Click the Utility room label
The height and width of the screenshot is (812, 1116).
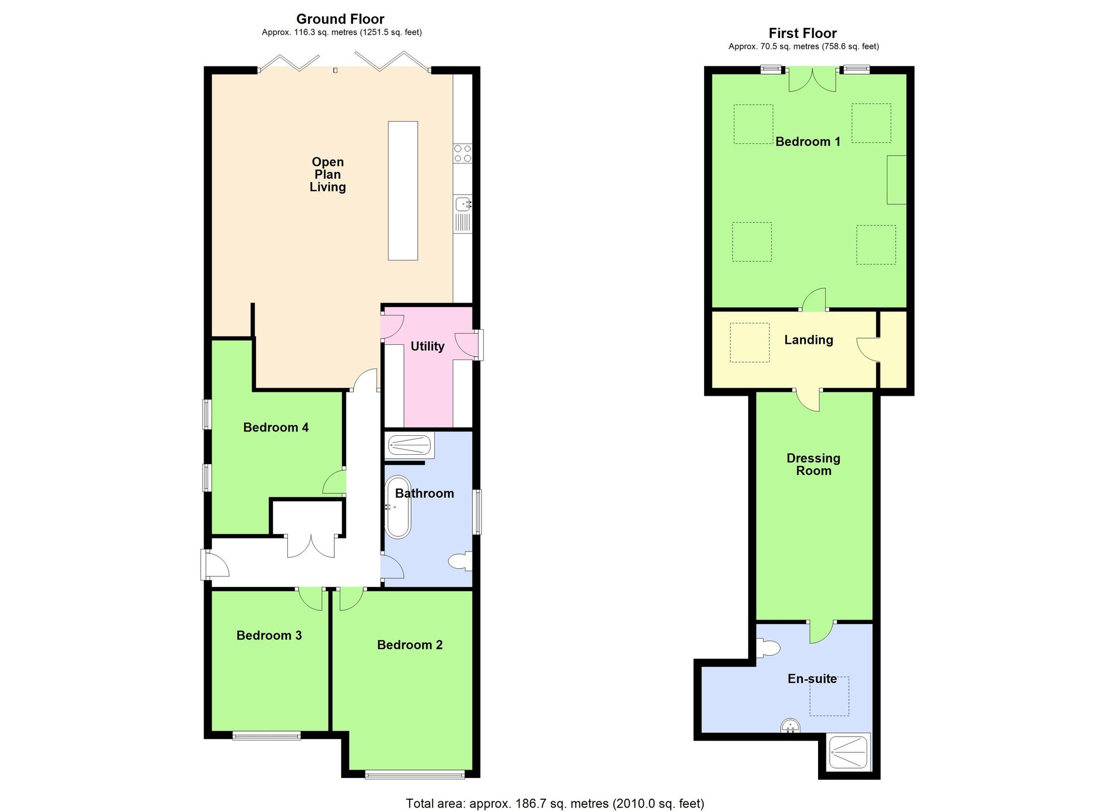(427, 347)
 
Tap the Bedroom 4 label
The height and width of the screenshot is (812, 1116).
(276, 427)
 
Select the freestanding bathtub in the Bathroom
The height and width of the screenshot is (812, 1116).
(398, 507)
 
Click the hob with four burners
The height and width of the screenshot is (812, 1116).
(463, 153)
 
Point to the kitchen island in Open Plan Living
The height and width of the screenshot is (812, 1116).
(403, 190)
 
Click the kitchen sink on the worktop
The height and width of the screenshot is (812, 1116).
(463, 205)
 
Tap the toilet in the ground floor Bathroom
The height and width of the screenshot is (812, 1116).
(462, 561)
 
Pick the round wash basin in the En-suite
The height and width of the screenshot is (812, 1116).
(790, 726)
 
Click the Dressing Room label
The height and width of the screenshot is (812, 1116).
(813, 464)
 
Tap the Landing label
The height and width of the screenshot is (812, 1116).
(809, 340)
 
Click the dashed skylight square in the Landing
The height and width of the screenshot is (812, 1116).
(749, 342)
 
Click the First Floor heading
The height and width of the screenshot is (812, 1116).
(802, 33)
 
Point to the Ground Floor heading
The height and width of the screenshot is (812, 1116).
(340, 19)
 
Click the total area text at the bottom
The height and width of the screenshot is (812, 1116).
(555, 803)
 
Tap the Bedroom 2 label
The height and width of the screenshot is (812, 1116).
(410, 645)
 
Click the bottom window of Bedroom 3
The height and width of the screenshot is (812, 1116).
(266, 736)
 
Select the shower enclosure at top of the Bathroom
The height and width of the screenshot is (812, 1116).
(409, 446)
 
